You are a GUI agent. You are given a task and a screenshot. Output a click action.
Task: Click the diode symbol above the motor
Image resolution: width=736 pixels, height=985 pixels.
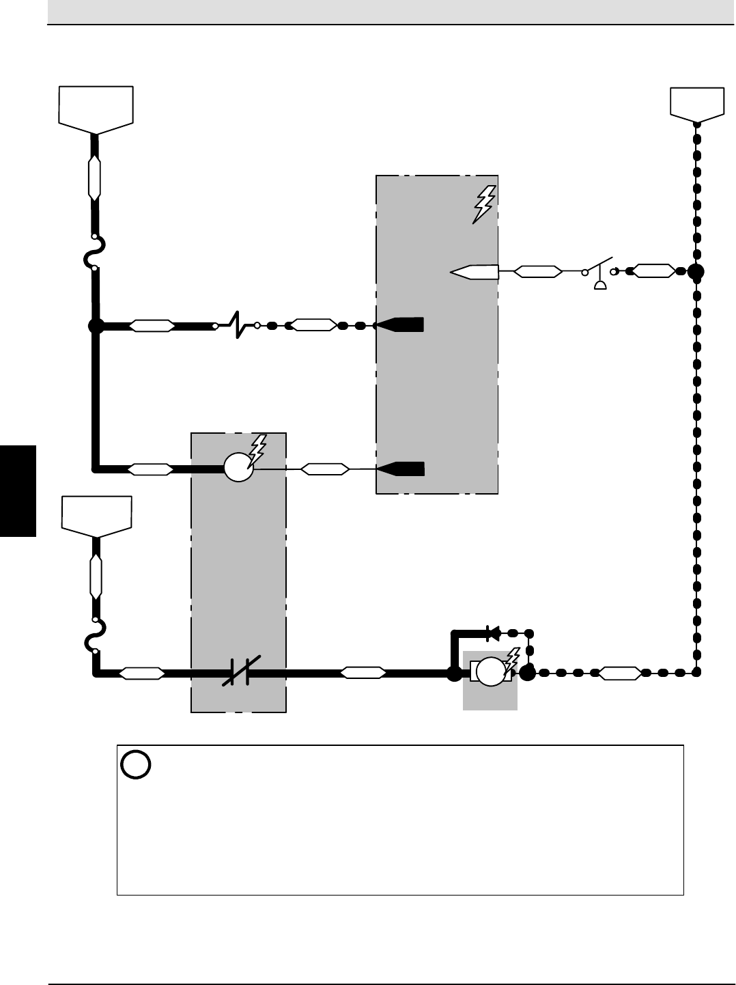pos(491,633)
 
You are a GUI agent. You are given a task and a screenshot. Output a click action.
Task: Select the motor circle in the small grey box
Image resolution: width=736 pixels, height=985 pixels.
pos(490,671)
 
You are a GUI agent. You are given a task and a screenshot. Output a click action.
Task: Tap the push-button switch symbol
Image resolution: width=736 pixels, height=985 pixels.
pos(599,273)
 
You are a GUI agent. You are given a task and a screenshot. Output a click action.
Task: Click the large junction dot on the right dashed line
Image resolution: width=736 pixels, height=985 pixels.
pos(696,272)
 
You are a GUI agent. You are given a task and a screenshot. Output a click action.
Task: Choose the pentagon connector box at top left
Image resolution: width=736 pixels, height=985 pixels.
pos(96,109)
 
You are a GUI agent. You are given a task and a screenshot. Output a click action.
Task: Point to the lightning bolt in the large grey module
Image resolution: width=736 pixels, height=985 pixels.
pos(483,204)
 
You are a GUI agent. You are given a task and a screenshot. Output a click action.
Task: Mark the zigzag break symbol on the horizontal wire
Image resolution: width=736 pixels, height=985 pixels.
pos(236,326)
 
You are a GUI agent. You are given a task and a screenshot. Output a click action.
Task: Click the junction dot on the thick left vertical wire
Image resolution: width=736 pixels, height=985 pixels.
pos(96,327)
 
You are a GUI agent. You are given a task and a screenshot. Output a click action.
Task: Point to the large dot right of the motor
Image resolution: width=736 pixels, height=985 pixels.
pos(527,673)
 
